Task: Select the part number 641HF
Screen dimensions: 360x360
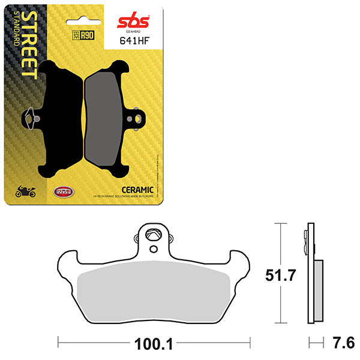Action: [x=135, y=43]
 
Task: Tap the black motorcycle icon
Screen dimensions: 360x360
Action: [x=25, y=192]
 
